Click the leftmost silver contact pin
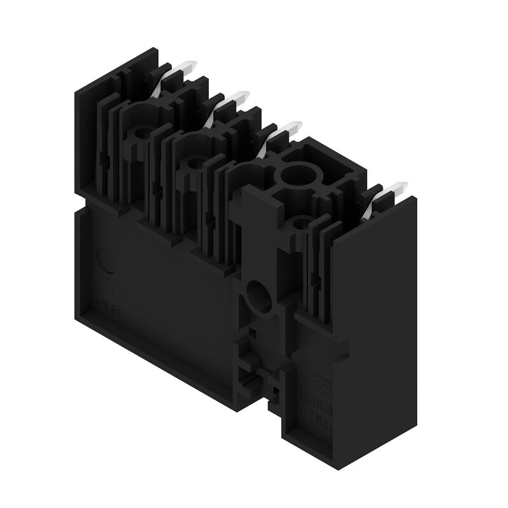pyautogui.click(x=188, y=67)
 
